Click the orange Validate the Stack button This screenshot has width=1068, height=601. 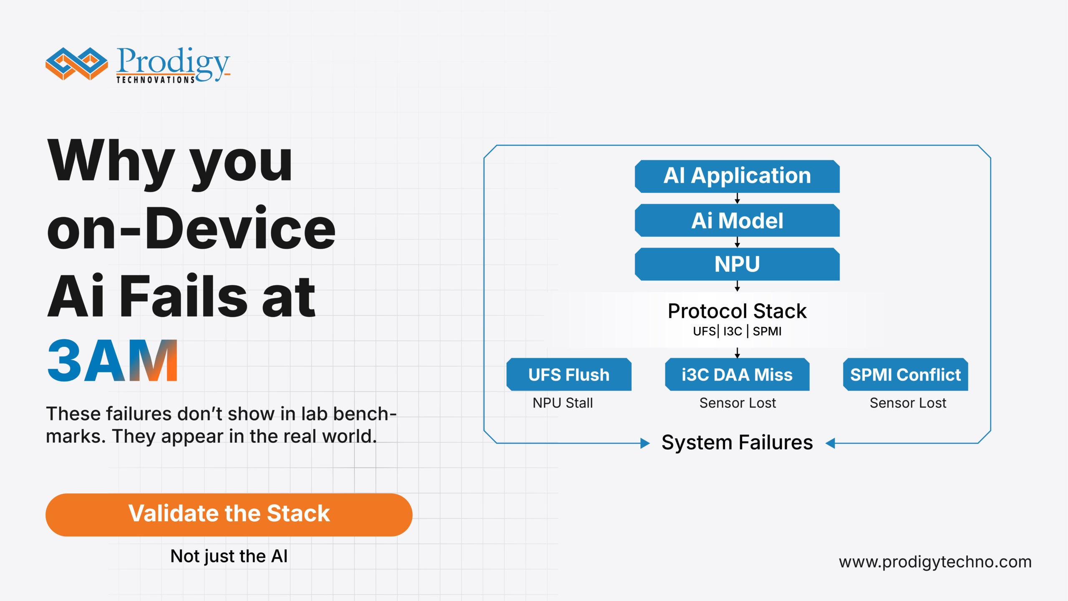point(229,514)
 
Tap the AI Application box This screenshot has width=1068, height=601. point(737,176)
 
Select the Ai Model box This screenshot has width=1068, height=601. point(737,220)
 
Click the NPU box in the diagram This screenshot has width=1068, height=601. point(737,264)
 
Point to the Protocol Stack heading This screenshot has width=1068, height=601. point(737,311)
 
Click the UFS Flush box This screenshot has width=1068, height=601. point(569,374)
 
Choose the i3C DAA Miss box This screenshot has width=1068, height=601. point(737,374)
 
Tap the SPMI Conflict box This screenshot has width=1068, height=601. point(905,374)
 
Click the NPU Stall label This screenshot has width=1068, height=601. point(562,403)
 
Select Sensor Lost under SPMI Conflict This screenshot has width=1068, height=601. point(908,403)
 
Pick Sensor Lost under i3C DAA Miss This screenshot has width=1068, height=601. point(737,403)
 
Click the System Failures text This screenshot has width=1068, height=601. point(737,442)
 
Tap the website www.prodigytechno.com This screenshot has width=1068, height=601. point(935,562)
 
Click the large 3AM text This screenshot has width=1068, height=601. point(113,361)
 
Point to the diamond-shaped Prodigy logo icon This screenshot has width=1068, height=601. point(76,63)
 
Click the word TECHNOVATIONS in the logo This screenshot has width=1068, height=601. point(155,80)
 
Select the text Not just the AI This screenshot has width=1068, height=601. point(229,556)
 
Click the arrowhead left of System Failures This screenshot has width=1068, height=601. point(645,443)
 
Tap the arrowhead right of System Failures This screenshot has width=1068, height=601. point(830,443)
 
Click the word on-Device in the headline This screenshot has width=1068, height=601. point(191,229)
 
